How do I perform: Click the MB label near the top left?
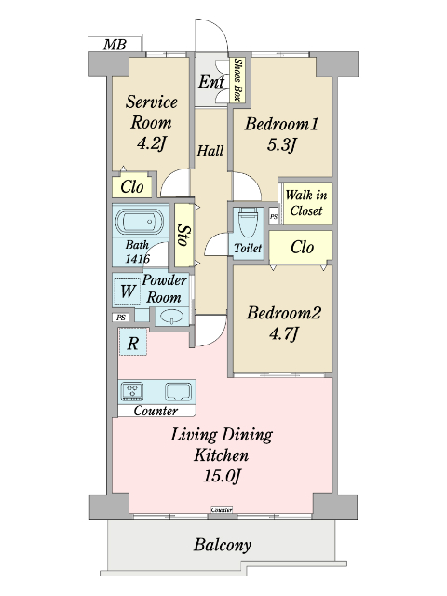(115, 45)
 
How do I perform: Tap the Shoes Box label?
(238, 80)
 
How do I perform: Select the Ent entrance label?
(211, 81)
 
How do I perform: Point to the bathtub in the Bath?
(140, 222)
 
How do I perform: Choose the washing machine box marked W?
(128, 291)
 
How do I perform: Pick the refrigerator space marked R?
(132, 342)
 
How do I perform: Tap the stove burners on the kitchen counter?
(132, 391)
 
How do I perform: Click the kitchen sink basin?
(178, 391)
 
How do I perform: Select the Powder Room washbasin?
(171, 317)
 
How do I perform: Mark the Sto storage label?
(184, 236)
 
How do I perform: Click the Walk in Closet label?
(306, 203)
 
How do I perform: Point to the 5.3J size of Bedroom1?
(281, 145)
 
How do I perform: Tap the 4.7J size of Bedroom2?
(283, 334)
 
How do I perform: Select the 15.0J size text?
(222, 476)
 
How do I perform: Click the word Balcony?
(223, 545)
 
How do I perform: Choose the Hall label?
(210, 151)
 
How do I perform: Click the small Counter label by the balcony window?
(222, 509)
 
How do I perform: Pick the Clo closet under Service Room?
(132, 186)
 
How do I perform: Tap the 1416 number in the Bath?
(137, 259)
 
